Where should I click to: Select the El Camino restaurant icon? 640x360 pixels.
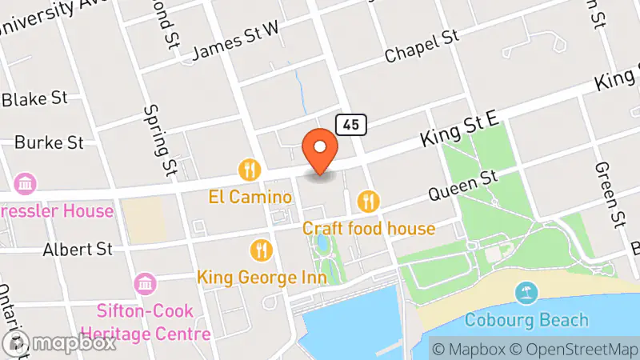point(250,170)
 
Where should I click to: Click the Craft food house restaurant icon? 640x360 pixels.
point(369,202)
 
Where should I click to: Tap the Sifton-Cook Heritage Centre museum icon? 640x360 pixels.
point(146,283)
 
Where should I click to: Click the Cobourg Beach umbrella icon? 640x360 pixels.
point(526,294)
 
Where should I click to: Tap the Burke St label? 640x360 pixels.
point(49,142)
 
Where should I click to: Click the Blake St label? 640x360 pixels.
point(34,98)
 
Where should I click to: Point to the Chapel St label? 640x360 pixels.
point(421,46)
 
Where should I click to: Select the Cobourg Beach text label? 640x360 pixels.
point(526,321)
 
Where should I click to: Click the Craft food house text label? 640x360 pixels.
point(369,229)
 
